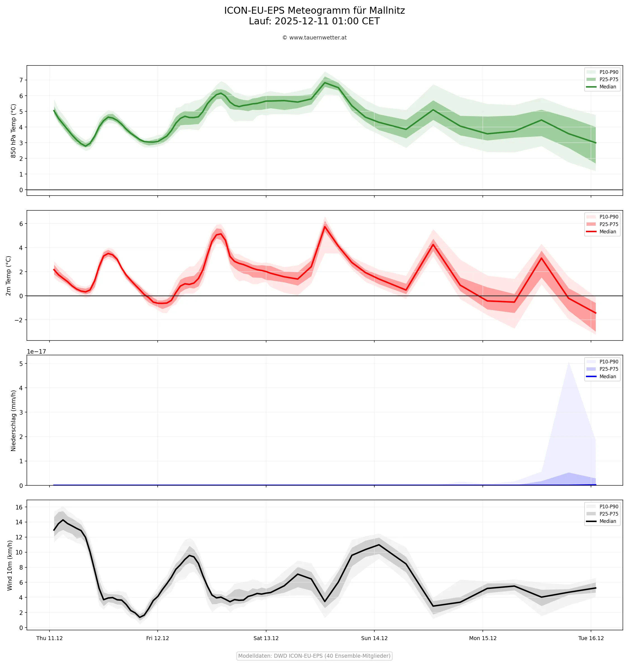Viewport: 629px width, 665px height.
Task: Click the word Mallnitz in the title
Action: (x=387, y=11)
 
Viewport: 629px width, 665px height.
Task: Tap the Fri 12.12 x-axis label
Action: (x=158, y=638)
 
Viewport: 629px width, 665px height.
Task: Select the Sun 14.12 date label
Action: (x=374, y=638)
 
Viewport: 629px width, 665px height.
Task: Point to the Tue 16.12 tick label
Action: (x=591, y=638)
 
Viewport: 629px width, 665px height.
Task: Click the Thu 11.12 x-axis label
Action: (x=50, y=638)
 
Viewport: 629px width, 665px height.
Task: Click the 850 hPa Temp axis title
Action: (x=13, y=131)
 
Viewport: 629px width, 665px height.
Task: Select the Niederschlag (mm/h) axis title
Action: (x=13, y=420)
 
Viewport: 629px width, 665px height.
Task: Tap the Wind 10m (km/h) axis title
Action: (x=10, y=565)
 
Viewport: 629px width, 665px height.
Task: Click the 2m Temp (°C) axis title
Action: (x=8, y=276)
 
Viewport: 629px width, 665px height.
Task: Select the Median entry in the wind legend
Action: (x=607, y=521)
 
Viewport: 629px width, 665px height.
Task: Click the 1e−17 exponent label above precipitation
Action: (x=37, y=352)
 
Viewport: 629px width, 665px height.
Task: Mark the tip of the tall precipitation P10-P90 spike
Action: (x=569, y=363)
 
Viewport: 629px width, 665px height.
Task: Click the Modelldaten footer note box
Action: (x=314, y=655)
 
